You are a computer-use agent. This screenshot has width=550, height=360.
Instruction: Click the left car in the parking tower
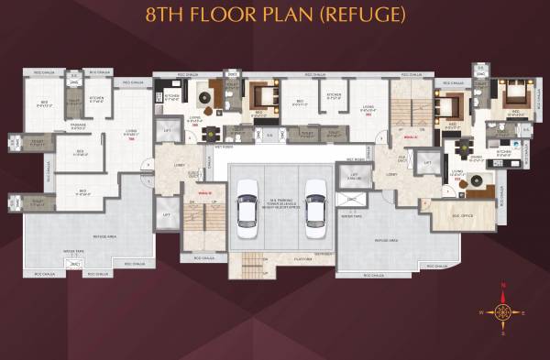[x=247, y=202]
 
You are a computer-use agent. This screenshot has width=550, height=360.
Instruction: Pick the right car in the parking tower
[x=315, y=202]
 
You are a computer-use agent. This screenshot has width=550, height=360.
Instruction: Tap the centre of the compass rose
[x=503, y=311]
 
